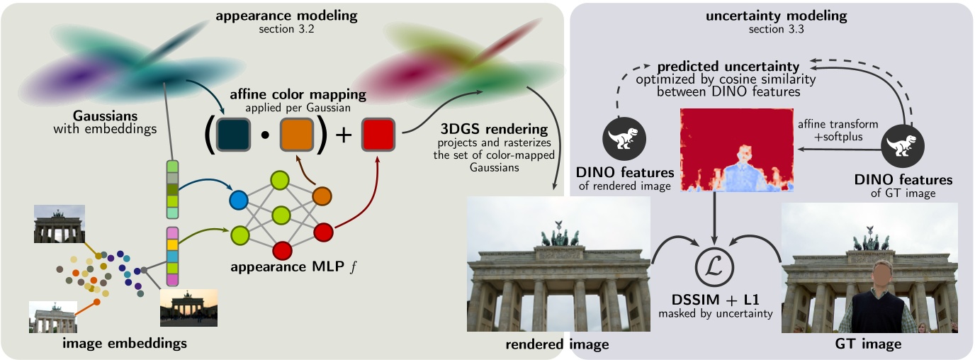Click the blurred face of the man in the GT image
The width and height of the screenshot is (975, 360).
(x=881, y=271)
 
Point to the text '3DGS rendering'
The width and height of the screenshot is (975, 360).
(x=483, y=130)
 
